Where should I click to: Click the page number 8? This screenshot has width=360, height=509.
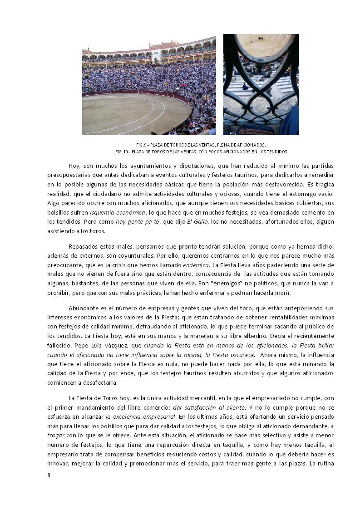pyautogui.click(x=49, y=475)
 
